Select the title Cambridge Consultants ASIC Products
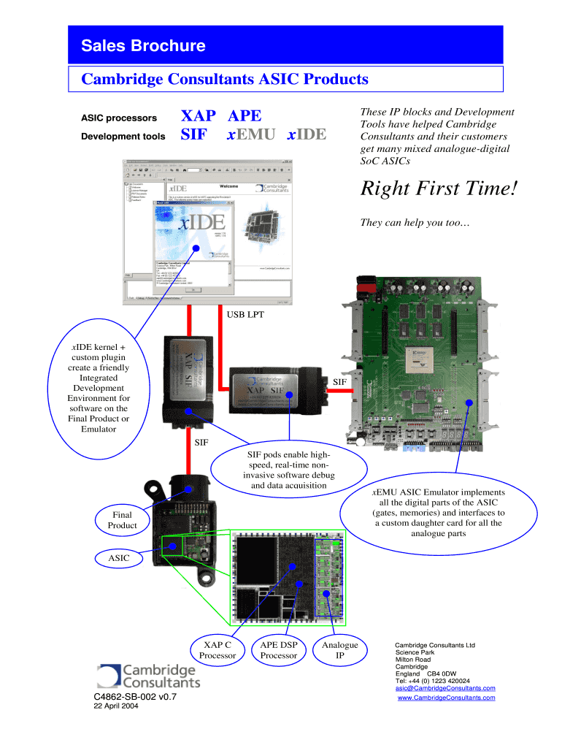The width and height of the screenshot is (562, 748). tap(224, 79)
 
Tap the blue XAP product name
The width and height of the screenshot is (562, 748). tap(199, 116)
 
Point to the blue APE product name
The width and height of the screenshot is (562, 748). tap(245, 116)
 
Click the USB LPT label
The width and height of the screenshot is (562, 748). tap(245, 315)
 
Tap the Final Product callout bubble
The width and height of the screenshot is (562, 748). tap(122, 520)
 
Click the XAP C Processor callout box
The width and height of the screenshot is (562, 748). tap(218, 649)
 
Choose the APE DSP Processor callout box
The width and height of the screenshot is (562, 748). tap(279, 649)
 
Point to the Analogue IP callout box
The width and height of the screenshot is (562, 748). tap(339, 649)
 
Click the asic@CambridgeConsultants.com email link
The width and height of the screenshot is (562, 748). tap(445, 688)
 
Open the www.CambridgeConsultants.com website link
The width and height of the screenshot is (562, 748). tap(446, 698)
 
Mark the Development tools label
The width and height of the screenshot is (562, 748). tap(123, 136)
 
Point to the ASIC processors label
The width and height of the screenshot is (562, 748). tap(118, 118)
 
